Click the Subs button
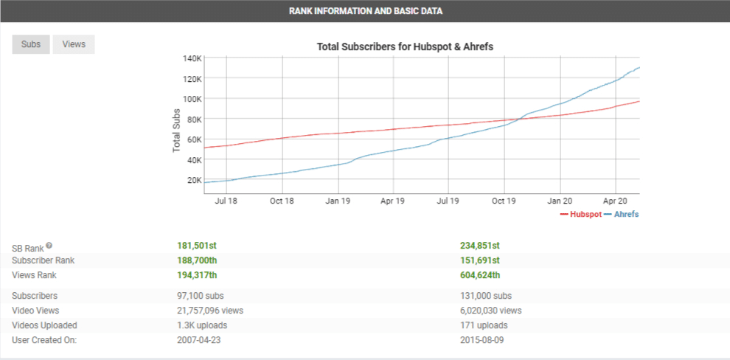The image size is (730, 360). (x=31, y=44)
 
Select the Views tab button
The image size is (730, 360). (x=74, y=44)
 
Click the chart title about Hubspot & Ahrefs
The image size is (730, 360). (x=405, y=46)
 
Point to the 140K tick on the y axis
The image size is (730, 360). (x=192, y=58)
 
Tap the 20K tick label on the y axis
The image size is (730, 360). (x=193, y=180)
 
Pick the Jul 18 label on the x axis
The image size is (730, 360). (x=226, y=200)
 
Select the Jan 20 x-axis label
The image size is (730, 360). (x=560, y=200)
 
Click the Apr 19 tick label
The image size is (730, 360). (x=393, y=200)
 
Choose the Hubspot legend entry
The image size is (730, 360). (x=580, y=215)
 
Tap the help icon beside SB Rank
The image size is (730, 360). (x=49, y=246)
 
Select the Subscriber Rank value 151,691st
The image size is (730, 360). (x=479, y=260)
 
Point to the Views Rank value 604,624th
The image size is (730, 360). (x=479, y=275)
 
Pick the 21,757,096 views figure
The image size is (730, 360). (x=210, y=311)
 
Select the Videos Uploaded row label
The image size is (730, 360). (x=44, y=325)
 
